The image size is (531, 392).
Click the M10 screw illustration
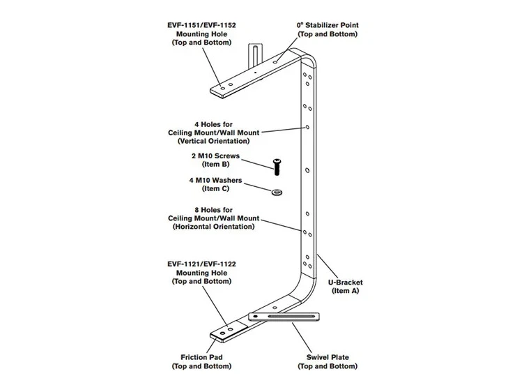point(277,167)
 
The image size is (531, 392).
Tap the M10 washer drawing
point(277,193)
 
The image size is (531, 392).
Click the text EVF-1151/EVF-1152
point(201,25)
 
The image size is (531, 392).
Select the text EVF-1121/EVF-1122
point(201,264)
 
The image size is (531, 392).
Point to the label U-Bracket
point(345,282)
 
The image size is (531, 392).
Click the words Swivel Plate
point(328,357)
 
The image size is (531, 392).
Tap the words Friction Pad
point(201,357)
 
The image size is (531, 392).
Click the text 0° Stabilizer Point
point(328,25)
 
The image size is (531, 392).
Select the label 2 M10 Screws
point(215,156)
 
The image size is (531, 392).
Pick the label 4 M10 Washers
point(215,181)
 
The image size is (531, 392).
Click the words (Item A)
point(345,291)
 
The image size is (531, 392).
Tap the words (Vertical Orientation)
point(213,141)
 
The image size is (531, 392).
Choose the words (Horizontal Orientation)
point(213,227)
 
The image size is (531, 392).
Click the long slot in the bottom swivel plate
point(291,317)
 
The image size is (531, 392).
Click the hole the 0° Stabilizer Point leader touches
point(276,61)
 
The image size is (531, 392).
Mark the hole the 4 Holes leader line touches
point(307,127)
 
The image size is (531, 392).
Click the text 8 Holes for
point(213,210)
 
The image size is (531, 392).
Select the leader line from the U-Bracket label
point(327,266)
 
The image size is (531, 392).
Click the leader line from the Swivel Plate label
point(302,338)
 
